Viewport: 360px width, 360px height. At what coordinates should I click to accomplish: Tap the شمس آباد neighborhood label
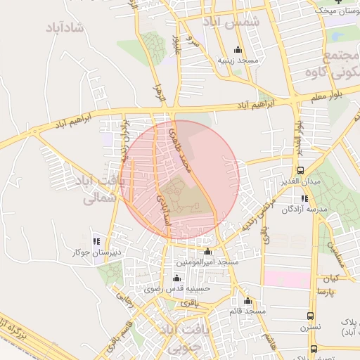[232, 22]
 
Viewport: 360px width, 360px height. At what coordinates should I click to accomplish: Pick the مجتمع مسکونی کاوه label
[333, 63]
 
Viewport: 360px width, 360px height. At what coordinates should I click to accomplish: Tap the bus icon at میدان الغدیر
[301, 170]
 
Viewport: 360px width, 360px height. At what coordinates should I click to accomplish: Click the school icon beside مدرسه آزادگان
[304, 198]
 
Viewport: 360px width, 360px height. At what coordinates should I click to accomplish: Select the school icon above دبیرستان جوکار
[96, 240]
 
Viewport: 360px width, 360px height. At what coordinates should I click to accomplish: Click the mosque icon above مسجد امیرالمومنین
[207, 252]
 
